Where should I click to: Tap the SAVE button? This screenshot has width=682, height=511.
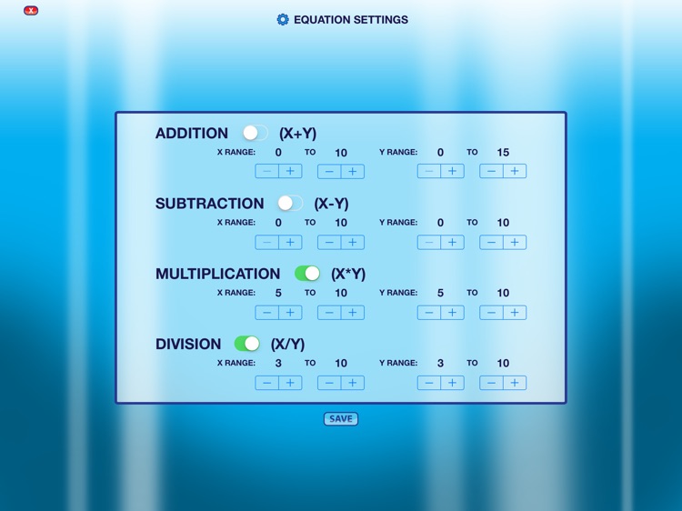coord(341,419)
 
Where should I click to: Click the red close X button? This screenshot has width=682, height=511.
coord(31,11)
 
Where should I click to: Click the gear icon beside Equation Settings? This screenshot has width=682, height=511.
coord(283,19)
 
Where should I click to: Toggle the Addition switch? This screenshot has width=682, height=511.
coord(255,133)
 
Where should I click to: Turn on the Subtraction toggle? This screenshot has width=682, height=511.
coord(290,203)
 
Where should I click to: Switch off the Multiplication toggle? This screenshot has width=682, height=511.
coord(307,273)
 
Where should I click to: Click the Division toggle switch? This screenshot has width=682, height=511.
coord(247,343)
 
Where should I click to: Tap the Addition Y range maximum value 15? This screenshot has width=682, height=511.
coord(503,153)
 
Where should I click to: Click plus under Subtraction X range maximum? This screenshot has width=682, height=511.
coord(353,242)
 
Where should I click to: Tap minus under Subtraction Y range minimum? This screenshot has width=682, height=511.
coord(429,242)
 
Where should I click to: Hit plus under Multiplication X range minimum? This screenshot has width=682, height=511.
coord(290,312)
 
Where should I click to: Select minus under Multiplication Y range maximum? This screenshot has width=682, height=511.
coord(492,312)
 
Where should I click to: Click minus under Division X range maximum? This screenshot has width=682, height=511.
coord(330,383)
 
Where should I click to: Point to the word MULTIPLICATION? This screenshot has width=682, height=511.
coord(217,274)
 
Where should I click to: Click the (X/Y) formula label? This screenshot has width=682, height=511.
coord(287,344)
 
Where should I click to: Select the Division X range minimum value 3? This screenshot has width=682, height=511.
coord(278,363)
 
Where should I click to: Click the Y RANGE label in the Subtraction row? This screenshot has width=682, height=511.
coord(398,222)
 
